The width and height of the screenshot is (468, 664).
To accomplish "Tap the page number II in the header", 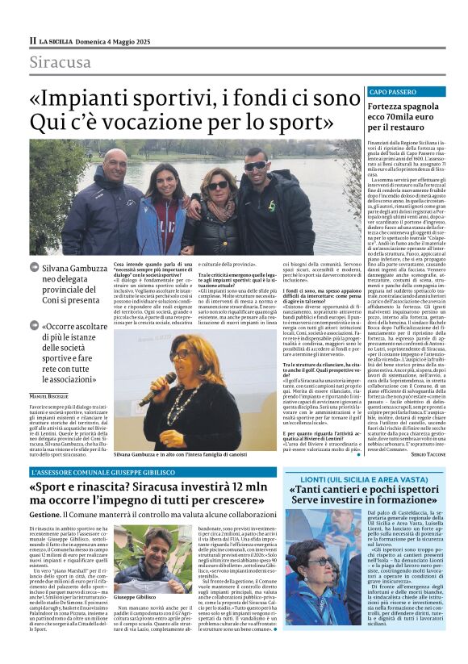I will (x=32, y=40).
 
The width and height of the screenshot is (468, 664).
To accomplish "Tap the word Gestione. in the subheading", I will (x=45, y=514).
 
